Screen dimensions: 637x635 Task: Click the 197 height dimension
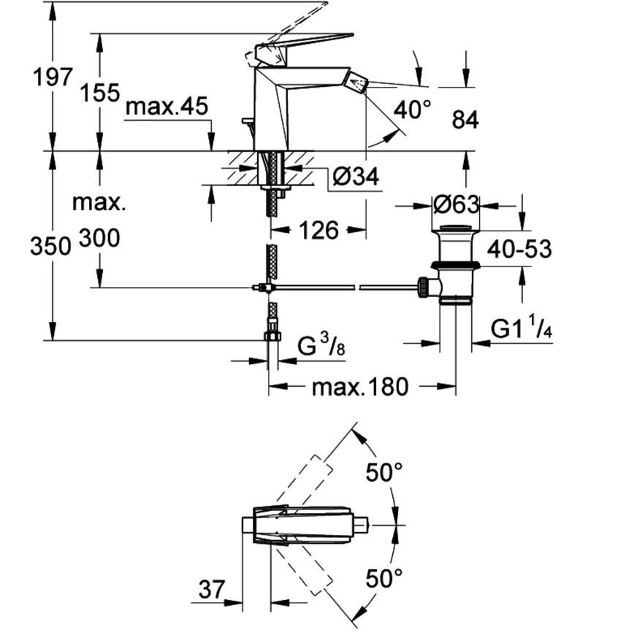point(53,77)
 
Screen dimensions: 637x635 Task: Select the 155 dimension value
point(100,93)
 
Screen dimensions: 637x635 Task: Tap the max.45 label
point(167,107)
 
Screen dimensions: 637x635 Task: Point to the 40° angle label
point(412,109)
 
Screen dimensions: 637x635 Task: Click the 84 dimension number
point(465,120)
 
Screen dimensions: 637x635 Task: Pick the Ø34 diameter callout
point(356,177)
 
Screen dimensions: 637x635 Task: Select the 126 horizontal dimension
point(319,230)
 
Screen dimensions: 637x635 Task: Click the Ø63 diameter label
point(457,205)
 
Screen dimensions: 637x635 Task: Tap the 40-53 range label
point(519,249)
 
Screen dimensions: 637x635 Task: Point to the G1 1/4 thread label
point(522,327)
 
